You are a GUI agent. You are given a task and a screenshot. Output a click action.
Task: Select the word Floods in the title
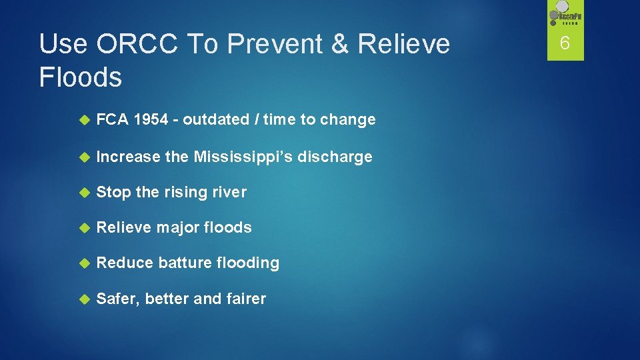[x=81, y=77]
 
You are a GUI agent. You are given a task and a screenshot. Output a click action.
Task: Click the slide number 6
[x=565, y=43]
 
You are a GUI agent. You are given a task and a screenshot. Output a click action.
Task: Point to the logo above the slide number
[x=565, y=16]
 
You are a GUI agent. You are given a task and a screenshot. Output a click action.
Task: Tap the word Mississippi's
[x=245, y=157]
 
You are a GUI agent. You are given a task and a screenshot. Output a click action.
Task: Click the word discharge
[x=336, y=157]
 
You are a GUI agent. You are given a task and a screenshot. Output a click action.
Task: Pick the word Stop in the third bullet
[x=113, y=193]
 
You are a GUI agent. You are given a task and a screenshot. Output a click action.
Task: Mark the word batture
[x=185, y=263]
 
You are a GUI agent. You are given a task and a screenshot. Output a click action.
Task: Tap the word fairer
[x=245, y=299]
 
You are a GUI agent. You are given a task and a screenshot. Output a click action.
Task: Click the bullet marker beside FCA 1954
[x=84, y=120]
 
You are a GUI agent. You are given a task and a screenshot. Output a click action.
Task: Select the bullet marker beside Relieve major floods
[x=84, y=227]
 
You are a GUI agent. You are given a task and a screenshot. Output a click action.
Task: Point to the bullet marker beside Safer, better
[x=84, y=299]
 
